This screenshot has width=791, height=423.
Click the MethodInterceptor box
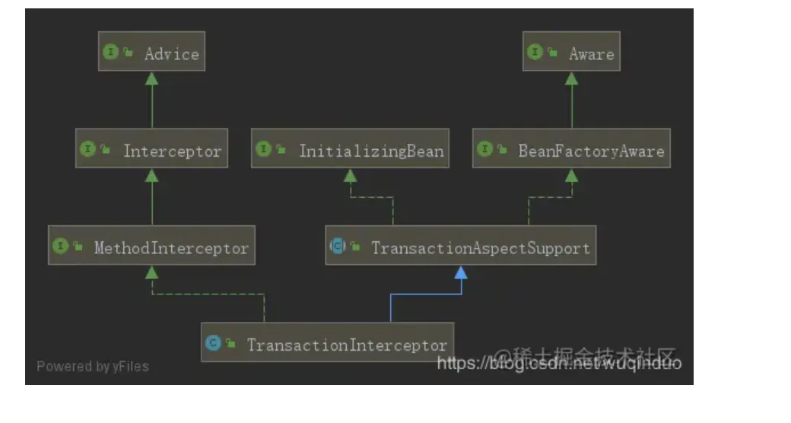151,246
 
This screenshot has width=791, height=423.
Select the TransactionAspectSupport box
460,246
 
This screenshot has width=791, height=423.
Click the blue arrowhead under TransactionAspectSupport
460,272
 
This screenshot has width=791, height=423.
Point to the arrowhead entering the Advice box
151,77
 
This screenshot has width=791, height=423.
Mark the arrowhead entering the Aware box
571,77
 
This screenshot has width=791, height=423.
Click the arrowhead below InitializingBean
349,174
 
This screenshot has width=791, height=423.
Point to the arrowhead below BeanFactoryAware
571,174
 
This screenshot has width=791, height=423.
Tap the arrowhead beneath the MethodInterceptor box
151,272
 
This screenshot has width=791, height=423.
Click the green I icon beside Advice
110,52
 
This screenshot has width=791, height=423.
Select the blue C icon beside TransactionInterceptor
213,344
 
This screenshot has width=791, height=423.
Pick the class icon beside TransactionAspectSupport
337,246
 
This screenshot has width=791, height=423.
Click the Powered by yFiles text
93,366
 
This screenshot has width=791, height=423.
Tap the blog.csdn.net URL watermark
559,363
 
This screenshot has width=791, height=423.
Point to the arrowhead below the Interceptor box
151,174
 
